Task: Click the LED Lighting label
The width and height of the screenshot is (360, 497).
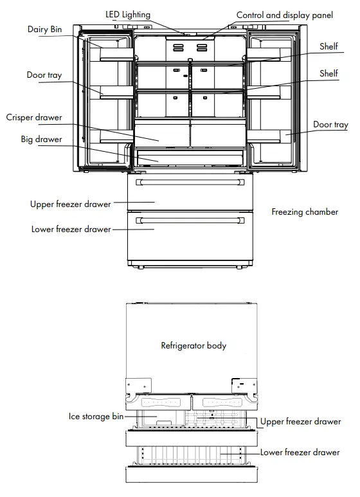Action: (x=128, y=15)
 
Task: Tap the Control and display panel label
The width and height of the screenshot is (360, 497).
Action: (x=285, y=15)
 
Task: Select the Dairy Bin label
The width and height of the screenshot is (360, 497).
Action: (x=45, y=30)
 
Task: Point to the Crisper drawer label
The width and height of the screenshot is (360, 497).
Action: (x=34, y=118)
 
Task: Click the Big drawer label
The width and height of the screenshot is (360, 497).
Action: (x=42, y=140)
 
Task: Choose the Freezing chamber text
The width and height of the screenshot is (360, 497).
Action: (x=305, y=212)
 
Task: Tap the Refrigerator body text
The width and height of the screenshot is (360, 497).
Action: (x=194, y=345)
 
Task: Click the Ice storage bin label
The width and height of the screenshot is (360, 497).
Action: (x=96, y=416)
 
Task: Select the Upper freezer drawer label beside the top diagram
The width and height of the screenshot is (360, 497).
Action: (x=70, y=204)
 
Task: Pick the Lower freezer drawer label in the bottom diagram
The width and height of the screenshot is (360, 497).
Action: (x=300, y=452)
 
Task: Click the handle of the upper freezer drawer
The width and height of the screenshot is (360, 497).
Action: (x=190, y=182)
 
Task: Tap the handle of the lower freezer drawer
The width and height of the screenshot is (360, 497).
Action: (x=190, y=221)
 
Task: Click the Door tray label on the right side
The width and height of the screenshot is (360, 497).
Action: (x=330, y=125)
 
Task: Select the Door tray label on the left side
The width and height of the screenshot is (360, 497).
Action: (x=44, y=75)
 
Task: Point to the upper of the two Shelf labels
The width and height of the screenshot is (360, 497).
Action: (x=328, y=46)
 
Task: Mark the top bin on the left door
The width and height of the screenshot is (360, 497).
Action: (x=116, y=54)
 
